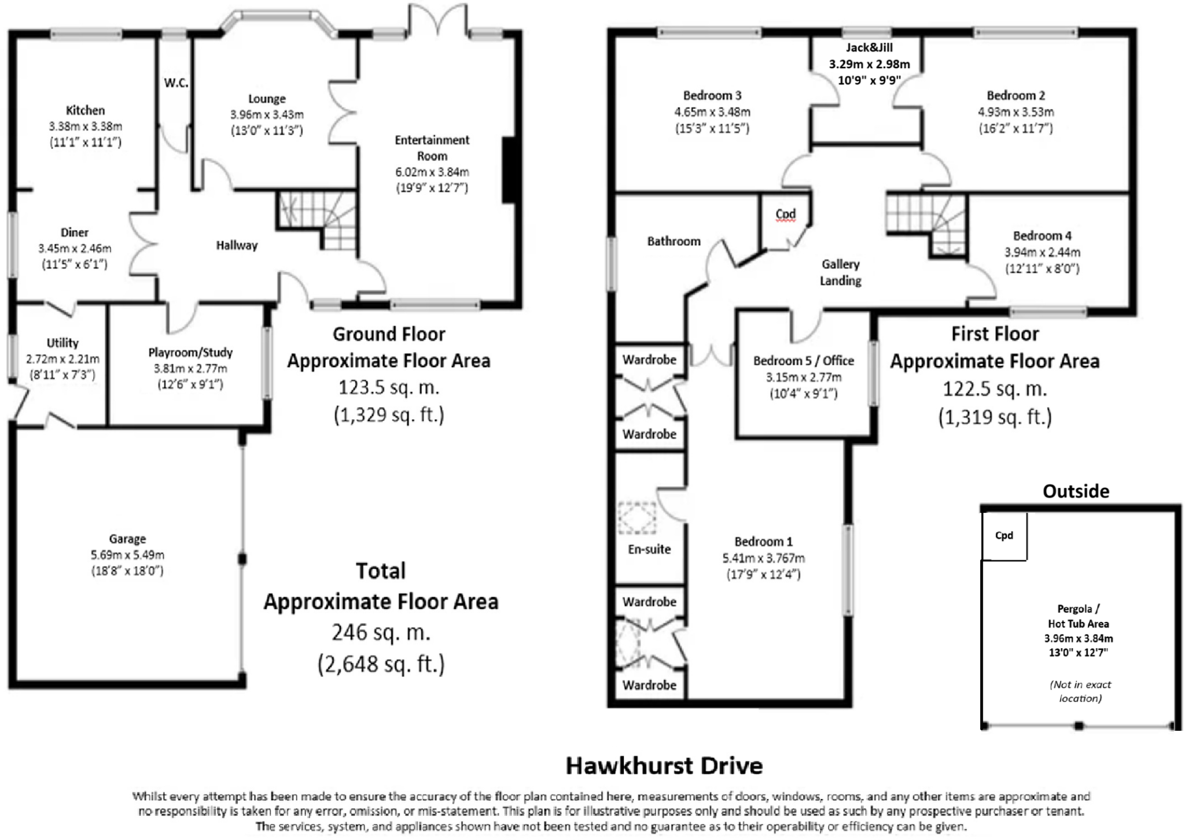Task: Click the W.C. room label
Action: point(176,83)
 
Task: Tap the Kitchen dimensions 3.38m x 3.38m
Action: point(85,126)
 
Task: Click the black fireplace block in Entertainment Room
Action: point(509,170)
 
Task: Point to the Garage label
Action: point(127,539)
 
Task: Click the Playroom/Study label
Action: point(190,352)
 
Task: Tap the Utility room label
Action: point(62,343)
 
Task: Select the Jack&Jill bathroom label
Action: point(869,48)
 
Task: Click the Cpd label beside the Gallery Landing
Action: point(785,214)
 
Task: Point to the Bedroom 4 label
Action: point(1042,235)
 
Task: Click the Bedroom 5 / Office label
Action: point(803,361)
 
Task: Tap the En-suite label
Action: point(649,549)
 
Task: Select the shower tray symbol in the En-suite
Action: point(637,517)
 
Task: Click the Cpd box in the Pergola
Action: point(1004,536)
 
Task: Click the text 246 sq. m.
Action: point(381,632)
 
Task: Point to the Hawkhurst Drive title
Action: point(664,765)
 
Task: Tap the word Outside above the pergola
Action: point(1076,491)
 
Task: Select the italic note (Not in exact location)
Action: point(1080,691)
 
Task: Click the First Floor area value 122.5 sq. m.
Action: point(995,389)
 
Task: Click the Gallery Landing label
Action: point(840,272)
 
